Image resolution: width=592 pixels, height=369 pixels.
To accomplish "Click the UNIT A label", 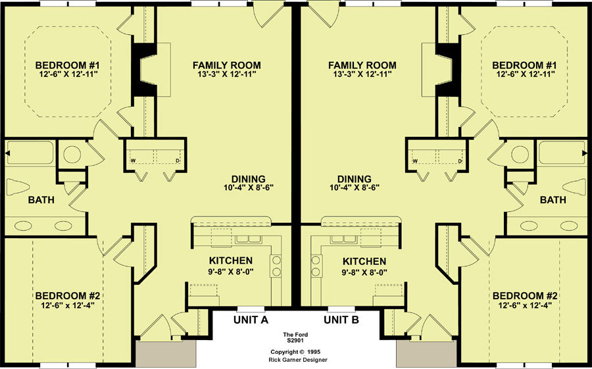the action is pyautogui.click(x=251, y=320).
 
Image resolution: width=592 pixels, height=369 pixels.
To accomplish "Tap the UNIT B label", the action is pyautogui.click(x=341, y=320).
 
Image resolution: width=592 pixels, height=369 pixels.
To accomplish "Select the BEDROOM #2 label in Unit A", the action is pyautogui.click(x=68, y=296).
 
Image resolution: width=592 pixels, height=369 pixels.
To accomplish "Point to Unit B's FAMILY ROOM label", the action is pyautogui.click(x=362, y=65).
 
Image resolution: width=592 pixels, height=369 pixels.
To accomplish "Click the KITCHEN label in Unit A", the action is pyautogui.click(x=231, y=260).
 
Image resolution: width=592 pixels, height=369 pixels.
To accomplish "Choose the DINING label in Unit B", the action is pyautogui.click(x=354, y=179).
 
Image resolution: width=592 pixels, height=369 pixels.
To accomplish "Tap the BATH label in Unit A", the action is pyautogui.click(x=41, y=200).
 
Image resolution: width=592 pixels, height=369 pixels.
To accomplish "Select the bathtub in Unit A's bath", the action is pyautogui.click(x=30, y=153).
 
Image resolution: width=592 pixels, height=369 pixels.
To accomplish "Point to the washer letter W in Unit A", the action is pyautogui.click(x=133, y=161).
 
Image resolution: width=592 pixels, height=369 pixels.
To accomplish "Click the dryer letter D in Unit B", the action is pyautogui.click(x=460, y=161).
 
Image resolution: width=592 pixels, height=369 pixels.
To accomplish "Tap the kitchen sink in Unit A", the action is pyautogui.click(x=248, y=239).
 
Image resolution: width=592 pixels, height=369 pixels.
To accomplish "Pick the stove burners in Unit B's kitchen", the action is pyautogui.click(x=316, y=266).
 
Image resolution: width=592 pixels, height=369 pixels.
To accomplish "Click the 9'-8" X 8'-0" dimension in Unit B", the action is pyautogui.click(x=364, y=272).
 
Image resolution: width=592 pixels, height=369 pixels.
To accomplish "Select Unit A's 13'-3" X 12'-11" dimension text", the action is pyautogui.click(x=226, y=74).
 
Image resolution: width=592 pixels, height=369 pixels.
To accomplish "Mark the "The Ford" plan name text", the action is pyautogui.click(x=295, y=335).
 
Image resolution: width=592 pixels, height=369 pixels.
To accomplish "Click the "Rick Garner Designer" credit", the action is pyautogui.click(x=298, y=360).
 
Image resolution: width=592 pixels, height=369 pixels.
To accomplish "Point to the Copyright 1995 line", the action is pyautogui.click(x=295, y=352).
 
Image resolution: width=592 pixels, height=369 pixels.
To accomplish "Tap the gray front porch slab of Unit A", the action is pyautogui.click(x=166, y=353).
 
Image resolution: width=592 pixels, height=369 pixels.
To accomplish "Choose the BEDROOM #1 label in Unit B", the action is pyautogui.click(x=525, y=65).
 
